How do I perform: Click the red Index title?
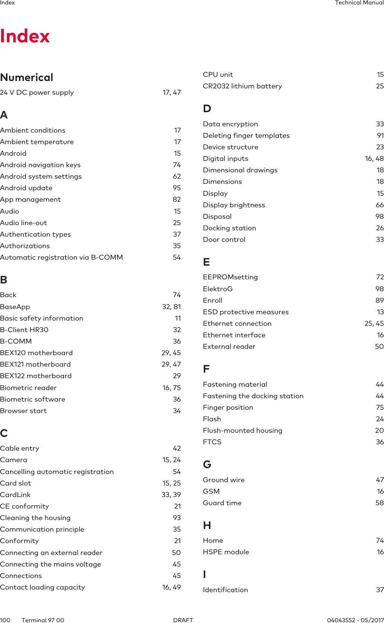(x=25, y=36)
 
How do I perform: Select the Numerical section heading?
(x=27, y=77)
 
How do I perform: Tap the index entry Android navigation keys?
(x=40, y=165)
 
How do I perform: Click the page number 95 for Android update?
(x=177, y=188)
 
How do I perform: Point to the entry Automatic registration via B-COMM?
(x=61, y=257)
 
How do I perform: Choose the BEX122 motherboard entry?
(x=36, y=376)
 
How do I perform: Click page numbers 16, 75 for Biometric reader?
(x=171, y=388)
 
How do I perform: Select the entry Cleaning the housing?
(x=35, y=518)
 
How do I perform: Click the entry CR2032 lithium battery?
(x=242, y=86)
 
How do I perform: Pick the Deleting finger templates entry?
(x=246, y=136)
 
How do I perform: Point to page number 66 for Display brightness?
(x=380, y=205)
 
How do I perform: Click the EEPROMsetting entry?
(x=230, y=277)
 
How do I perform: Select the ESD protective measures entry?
(x=246, y=312)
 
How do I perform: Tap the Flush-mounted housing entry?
(x=242, y=431)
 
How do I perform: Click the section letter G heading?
(x=207, y=464)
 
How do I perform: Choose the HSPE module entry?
(x=226, y=552)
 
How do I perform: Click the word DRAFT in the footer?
(x=183, y=620)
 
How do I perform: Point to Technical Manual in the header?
(x=359, y=3)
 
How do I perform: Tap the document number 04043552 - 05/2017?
(x=355, y=620)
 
